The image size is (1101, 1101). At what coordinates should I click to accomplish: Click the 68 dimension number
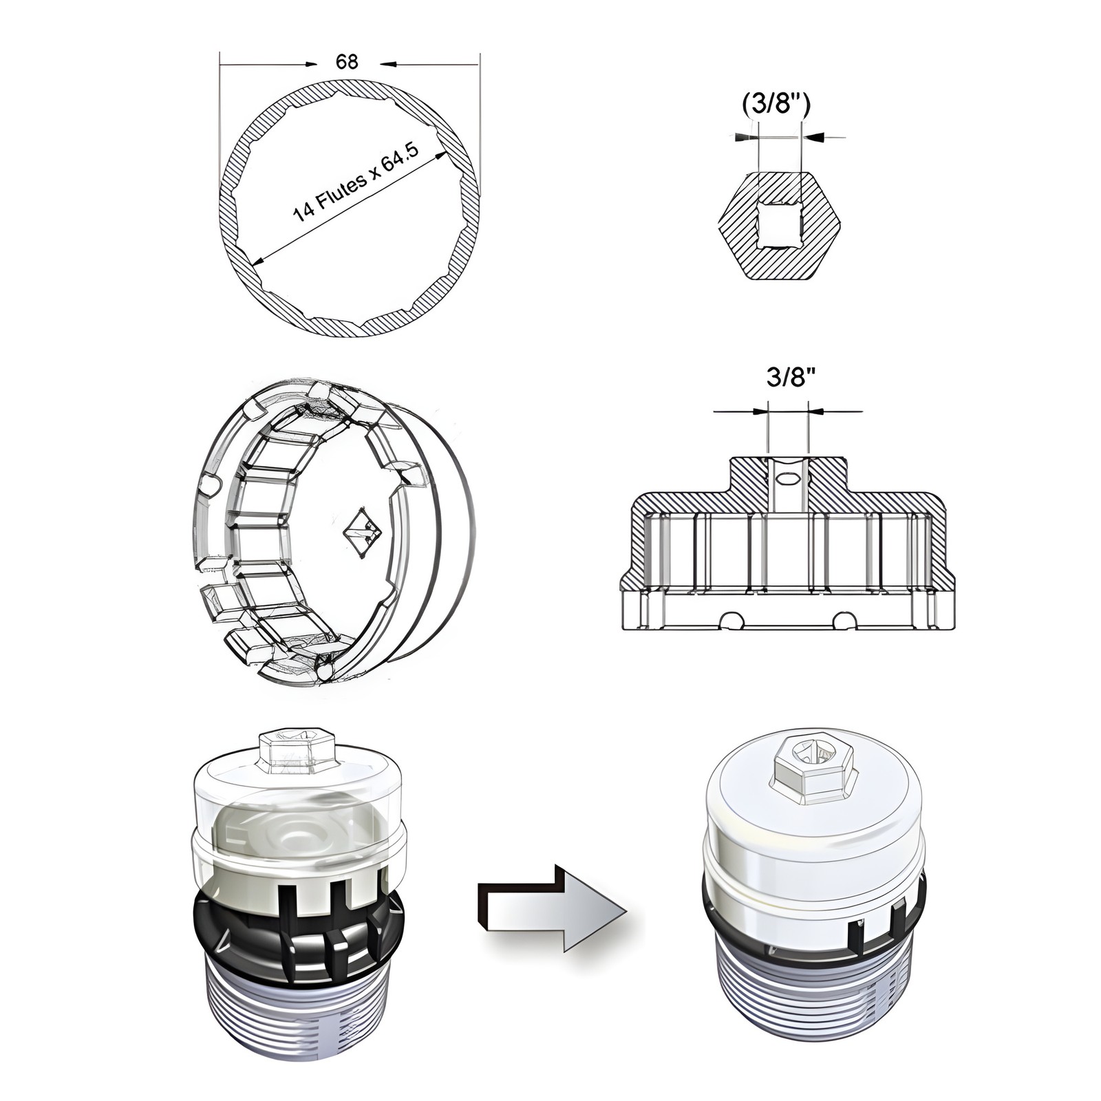(347, 62)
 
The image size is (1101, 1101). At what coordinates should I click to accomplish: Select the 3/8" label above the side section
(791, 377)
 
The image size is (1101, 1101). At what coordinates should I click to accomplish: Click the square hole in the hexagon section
(779, 226)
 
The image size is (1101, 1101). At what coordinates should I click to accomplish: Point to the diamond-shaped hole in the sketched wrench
(362, 531)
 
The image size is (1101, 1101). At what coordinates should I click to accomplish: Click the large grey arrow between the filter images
(551, 908)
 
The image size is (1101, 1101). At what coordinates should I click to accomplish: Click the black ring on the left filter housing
(297, 926)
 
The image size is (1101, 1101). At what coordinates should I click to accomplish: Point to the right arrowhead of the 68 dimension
(389, 65)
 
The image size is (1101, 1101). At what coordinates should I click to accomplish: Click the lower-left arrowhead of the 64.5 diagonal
(259, 260)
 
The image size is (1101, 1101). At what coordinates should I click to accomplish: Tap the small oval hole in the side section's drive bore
(787, 477)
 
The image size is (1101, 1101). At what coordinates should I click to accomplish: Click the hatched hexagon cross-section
(779, 226)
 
